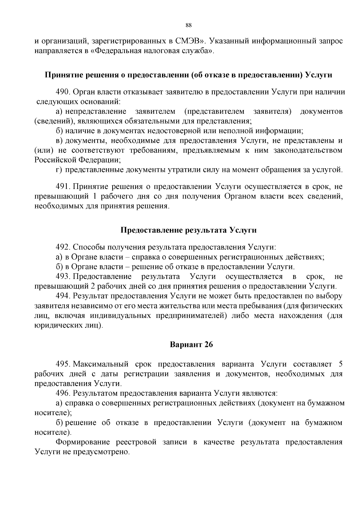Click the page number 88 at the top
coord(189,25)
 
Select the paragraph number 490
coord(63,92)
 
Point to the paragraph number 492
coord(63,247)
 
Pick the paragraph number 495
coord(63,364)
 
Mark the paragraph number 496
coord(63,393)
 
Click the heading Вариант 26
coord(191,345)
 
